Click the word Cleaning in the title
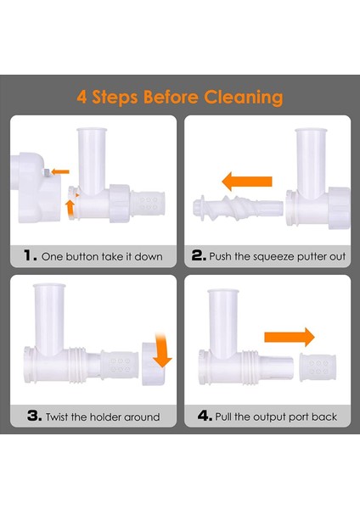[244, 97]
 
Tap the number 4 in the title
[82, 97]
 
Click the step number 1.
[30, 255]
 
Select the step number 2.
[199, 255]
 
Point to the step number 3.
[35, 416]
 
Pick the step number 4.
[205, 416]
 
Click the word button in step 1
[82, 256]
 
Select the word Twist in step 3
[57, 417]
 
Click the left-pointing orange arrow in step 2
[247, 182]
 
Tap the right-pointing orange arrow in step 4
[290, 338]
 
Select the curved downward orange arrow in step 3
[161, 350]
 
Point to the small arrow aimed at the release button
[60, 171]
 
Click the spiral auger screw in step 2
[238, 208]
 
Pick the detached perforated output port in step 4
[318, 367]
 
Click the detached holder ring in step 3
[153, 364]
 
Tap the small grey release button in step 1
[46, 172]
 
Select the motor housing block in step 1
[36, 187]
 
